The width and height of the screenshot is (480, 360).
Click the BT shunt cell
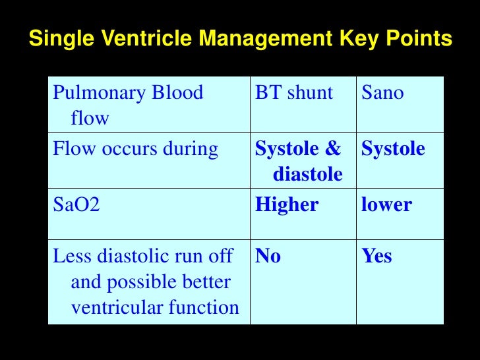point(294,93)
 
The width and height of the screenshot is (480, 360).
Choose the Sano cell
point(382,93)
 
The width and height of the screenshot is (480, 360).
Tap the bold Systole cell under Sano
point(393,150)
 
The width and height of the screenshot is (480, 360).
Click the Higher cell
point(287,205)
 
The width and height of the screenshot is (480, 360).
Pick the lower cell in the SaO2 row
point(386,205)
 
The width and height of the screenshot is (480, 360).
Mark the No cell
point(268,256)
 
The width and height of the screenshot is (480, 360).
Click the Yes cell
point(376,256)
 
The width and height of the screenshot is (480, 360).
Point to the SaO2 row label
point(76,205)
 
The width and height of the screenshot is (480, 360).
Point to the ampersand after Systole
point(333,150)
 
